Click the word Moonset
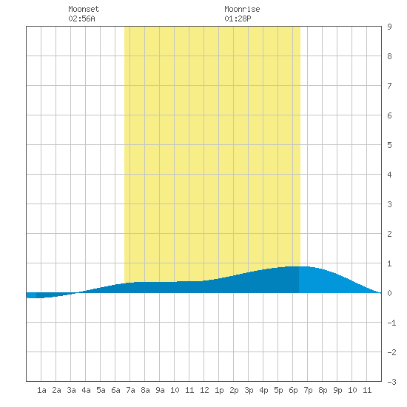[84, 9]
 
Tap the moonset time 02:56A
[81, 18]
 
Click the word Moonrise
[242, 9]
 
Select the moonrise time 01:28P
[238, 18]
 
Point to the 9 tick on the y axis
[389, 27]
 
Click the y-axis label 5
[389, 145]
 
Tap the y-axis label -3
[391, 382]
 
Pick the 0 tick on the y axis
[389, 293]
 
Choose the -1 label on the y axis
[391, 323]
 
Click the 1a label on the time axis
[41, 390]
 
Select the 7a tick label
[130, 390]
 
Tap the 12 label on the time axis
[204, 390]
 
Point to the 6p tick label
[293, 390]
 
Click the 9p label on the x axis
[337, 390]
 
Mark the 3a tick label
[71, 390]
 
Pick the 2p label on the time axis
[234, 390]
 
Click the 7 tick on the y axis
[389, 86]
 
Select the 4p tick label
[263, 390]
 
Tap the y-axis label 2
[389, 234]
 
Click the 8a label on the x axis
[145, 390]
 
